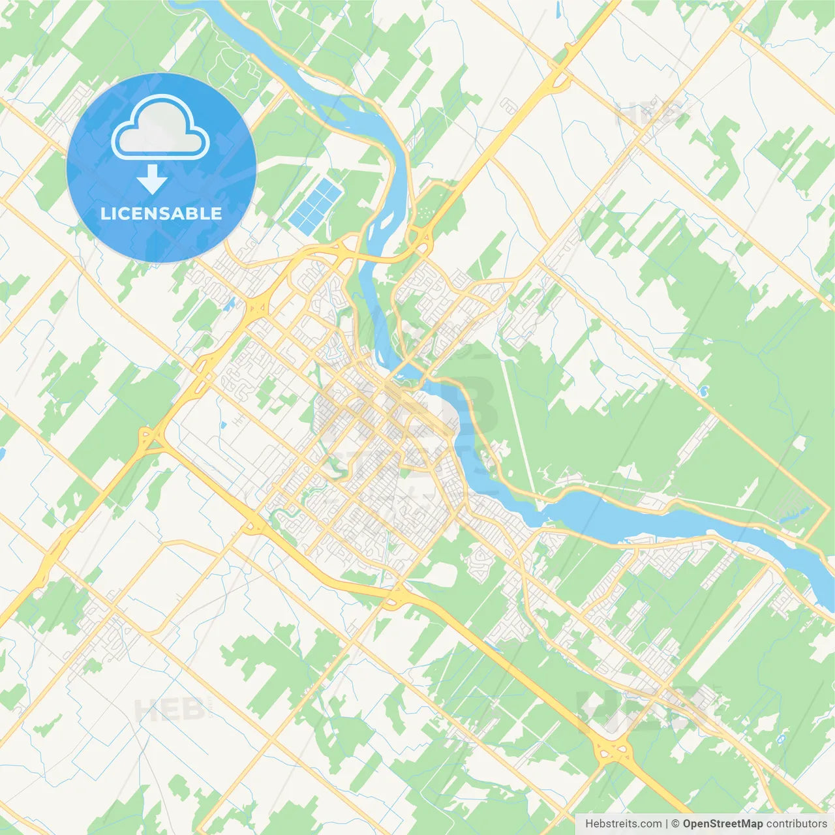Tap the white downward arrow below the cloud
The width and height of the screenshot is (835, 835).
[x=152, y=179]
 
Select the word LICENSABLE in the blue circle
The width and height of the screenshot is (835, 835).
[x=161, y=213]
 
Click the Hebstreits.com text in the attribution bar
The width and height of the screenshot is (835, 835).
[x=623, y=824]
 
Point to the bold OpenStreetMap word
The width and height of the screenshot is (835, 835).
[x=723, y=824]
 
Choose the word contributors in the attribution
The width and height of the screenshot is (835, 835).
[x=797, y=824]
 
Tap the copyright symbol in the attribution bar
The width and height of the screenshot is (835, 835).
[x=676, y=824]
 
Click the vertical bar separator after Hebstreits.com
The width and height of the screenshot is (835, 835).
[x=667, y=824]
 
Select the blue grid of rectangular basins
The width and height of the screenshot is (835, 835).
[x=316, y=206]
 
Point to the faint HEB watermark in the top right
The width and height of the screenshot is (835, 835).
[x=649, y=115]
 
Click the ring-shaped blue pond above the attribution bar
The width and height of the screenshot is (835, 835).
[x=781, y=739]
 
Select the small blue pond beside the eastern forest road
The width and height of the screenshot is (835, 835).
[x=704, y=391]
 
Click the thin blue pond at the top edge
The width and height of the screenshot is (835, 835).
[x=560, y=9]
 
